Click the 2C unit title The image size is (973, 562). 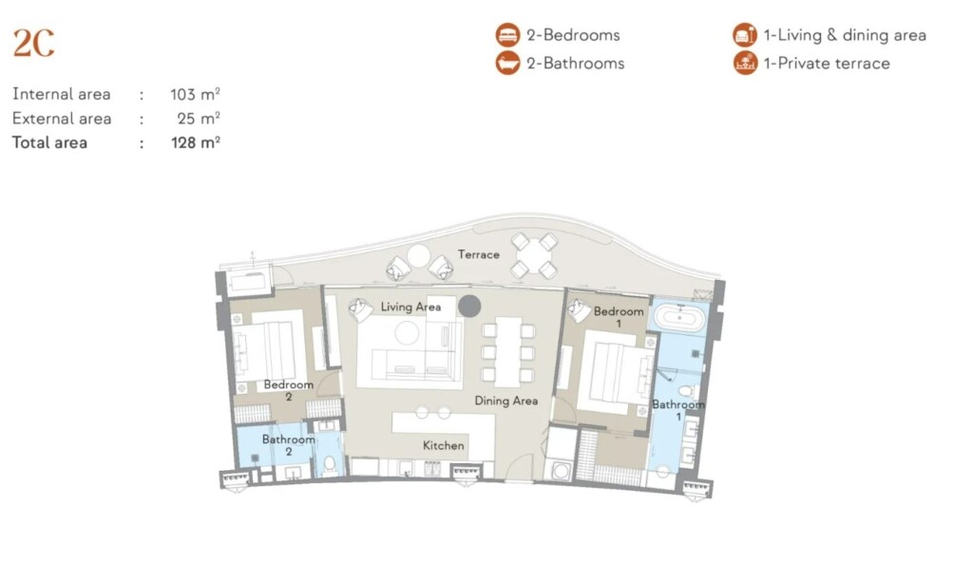point(33,44)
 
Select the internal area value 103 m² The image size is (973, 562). point(195,94)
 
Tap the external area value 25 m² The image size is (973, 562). point(199,119)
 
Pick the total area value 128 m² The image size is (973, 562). point(196,142)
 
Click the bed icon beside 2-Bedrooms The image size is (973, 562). point(507,35)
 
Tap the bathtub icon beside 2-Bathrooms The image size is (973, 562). point(507,64)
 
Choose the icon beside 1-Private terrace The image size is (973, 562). point(745,64)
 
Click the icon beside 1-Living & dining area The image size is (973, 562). point(745,35)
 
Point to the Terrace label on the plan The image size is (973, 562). point(479,254)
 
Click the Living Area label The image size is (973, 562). point(410,307)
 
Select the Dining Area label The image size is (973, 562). point(506,401)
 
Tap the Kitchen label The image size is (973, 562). point(443,445)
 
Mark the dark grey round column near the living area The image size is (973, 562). point(469,306)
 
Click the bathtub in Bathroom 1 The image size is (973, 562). point(680,318)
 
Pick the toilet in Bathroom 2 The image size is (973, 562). point(330,463)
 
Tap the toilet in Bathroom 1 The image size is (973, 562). point(686,391)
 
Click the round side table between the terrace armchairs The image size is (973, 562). point(418,256)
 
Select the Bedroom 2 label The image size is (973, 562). point(289,390)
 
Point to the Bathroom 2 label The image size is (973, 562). point(289,445)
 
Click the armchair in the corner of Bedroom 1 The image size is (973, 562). point(579,310)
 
